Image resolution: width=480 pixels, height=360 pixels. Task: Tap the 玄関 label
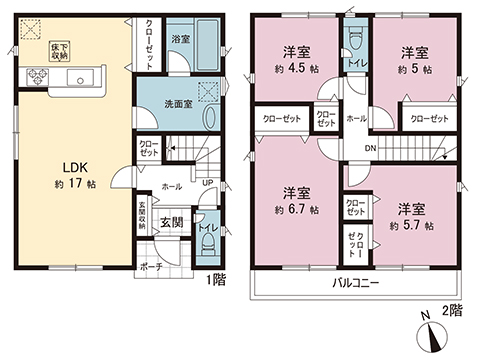pos(171,222)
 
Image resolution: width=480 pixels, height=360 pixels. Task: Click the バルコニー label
pos(357,283)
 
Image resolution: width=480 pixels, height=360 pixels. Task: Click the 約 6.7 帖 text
pos(297,211)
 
